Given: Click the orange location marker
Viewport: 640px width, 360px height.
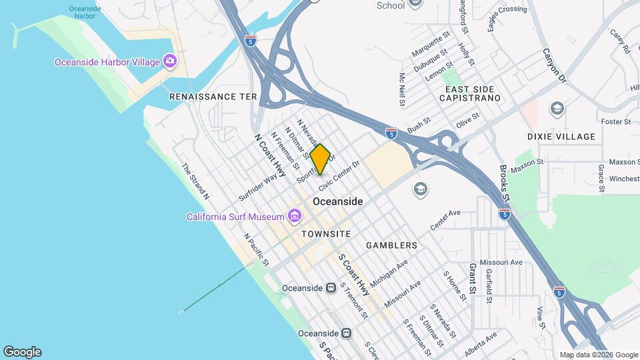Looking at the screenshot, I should click(x=320, y=159).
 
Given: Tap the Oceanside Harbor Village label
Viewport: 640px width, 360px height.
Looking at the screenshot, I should click(x=107, y=62).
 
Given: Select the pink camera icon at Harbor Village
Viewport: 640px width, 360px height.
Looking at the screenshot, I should click(x=170, y=61).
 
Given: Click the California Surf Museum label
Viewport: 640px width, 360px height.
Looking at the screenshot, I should click(x=235, y=217).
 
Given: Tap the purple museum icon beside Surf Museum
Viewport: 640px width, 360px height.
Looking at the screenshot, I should click(x=293, y=216).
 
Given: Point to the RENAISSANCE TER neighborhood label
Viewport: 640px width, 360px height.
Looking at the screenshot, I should click(x=213, y=97).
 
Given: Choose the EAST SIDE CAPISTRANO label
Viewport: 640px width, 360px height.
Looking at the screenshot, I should click(x=473, y=93).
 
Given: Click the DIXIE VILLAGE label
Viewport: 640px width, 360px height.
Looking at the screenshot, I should click(x=561, y=137).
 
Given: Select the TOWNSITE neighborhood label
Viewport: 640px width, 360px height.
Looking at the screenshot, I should click(x=326, y=234).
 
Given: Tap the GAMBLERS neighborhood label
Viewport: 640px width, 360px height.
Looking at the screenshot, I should click(x=391, y=245).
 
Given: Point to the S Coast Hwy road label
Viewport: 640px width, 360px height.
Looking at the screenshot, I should click(x=353, y=275).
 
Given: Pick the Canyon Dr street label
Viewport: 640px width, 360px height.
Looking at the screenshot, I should click(x=553, y=65).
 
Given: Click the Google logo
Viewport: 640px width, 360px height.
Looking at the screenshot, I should click(x=22, y=352).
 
